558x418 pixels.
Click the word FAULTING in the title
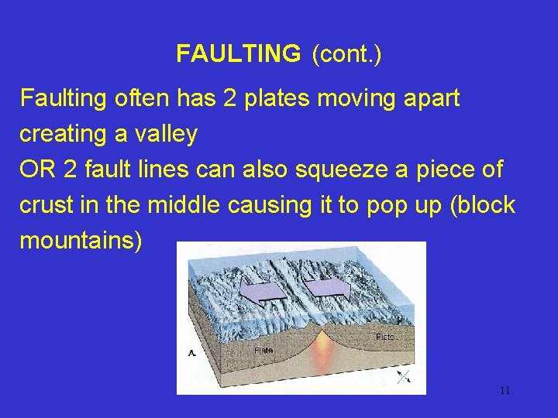[x=238, y=53]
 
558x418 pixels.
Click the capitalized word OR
[x=36, y=170]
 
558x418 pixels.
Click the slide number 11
[x=505, y=390]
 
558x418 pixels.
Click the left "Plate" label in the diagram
[x=264, y=351]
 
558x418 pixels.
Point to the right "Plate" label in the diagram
[x=385, y=337]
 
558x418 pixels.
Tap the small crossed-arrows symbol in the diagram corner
[x=403, y=376]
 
